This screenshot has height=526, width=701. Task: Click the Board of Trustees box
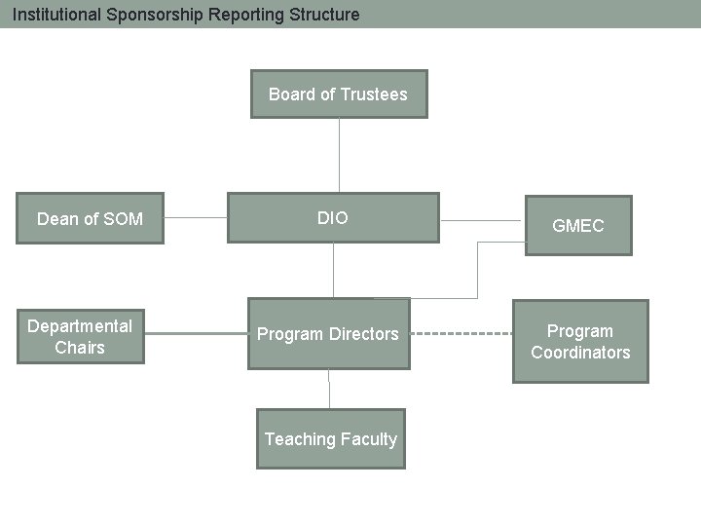(338, 94)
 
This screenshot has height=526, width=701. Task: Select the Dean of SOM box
(90, 218)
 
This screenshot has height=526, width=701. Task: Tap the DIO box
(332, 218)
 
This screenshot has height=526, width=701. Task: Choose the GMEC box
(578, 226)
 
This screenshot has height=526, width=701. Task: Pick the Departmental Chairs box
(80, 336)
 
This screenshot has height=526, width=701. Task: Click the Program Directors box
(328, 334)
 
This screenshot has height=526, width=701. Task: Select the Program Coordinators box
(580, 342)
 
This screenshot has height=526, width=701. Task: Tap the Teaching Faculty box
(330, 439)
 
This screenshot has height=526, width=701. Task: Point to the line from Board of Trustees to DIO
(339, 156)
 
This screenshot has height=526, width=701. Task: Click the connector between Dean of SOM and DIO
(195, 217)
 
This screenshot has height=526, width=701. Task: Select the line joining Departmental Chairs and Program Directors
(196, 334)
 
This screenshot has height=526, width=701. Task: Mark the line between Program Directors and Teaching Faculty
(329, 389)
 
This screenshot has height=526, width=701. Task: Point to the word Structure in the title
(325, 15)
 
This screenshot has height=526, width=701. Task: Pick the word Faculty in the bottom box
(369, 439)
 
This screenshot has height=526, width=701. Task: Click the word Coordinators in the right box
(580, 353)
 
